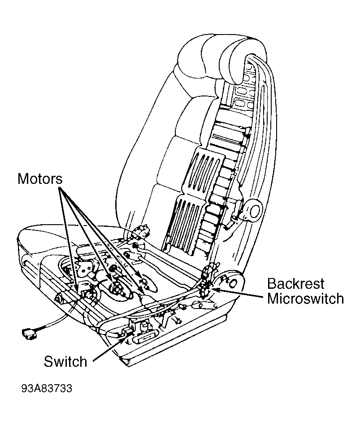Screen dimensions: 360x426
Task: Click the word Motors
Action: pos(40,179)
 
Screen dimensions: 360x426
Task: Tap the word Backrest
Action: pos(295,284)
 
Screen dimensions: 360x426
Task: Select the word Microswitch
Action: pos(305,298)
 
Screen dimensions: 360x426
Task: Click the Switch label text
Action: pos(65,361)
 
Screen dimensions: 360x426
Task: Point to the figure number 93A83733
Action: pos(47,388)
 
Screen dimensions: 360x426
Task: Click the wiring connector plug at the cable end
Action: pos(29,333)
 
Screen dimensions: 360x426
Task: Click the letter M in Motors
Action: pos(23,179)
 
